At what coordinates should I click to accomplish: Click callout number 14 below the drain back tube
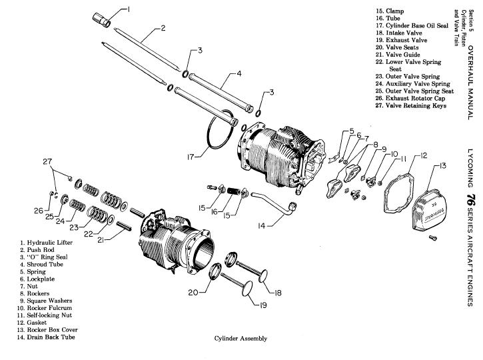[x=261, y=226]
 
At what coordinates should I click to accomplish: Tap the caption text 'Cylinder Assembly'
[x=241, y=339]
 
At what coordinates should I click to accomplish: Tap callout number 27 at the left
[x=46, y=162]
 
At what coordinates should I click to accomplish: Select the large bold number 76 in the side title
[x=470, y=199]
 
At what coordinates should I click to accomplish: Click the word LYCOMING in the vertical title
[x=470, y=163]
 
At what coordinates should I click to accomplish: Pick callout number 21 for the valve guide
[x=101, y=239]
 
